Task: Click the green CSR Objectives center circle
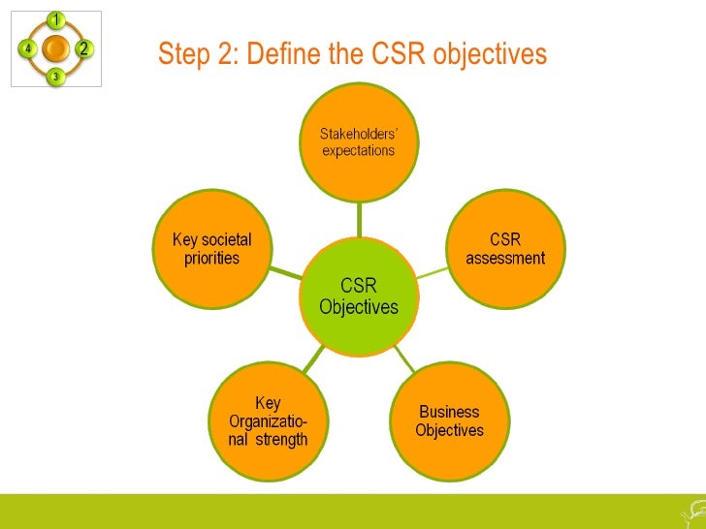[359, 296]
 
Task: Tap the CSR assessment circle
[504, 249]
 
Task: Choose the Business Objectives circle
[449, 421]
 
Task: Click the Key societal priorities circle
[211, 249]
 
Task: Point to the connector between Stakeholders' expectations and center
[359, 217]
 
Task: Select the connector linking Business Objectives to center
[405, 360]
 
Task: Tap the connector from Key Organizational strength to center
[312, 360]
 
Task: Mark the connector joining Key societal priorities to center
[285, 272]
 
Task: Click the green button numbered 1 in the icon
[55, 19]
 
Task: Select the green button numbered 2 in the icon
[83, 47]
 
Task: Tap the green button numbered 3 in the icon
[55, 76]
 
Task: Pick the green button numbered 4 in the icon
[27, 47]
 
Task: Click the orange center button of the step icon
[55, 47]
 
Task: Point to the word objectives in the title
[490, 55]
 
